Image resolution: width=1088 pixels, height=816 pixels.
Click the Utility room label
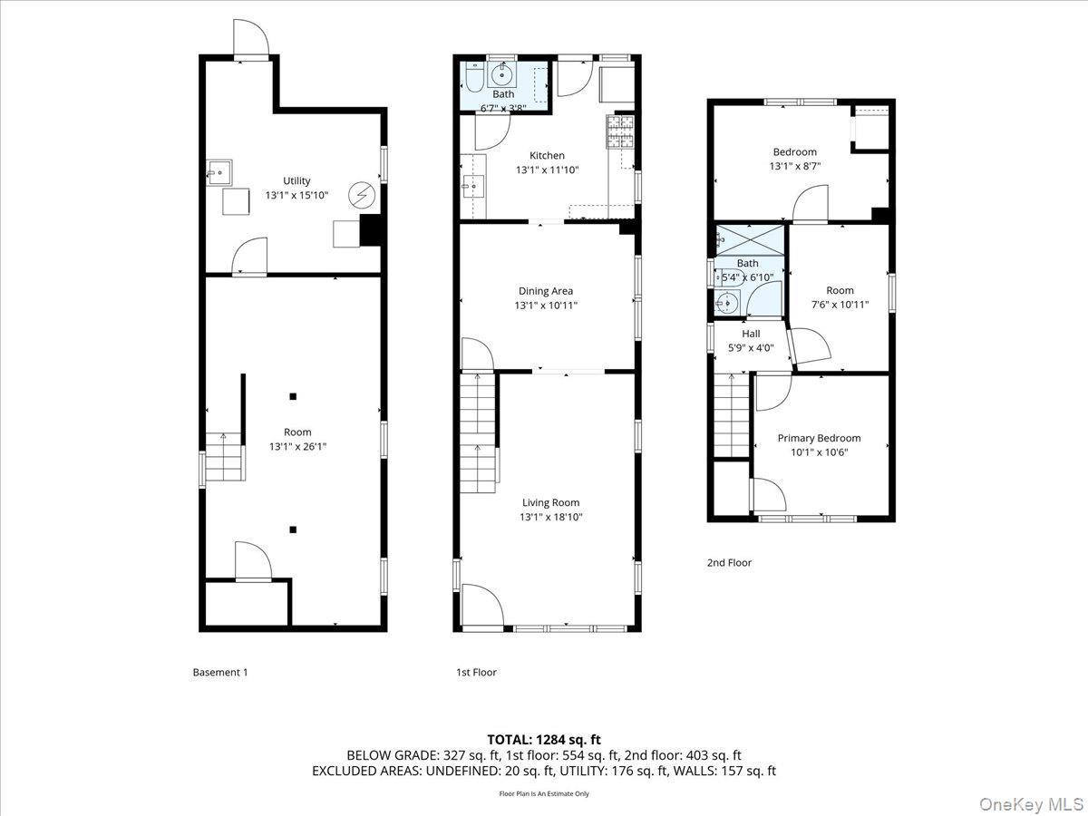pyautogui.click(x=296, y=180)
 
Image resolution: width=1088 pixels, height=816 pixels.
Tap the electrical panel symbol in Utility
pyautogui.click(x=364, y=194)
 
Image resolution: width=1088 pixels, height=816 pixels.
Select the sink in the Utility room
pyautogui.click(x=219, y=171)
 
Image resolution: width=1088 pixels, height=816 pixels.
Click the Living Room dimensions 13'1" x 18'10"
pyautogui.click(x=550, y=517)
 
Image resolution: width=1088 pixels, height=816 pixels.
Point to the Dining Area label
pyautogui.click(x=546, y=291)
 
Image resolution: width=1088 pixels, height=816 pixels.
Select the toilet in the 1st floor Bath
pyautogui.click(x=475, y=75)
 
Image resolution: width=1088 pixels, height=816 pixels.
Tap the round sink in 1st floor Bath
pyautogui.click(x=503, y=75)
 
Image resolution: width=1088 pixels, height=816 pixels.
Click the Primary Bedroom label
pyautogui.click(x=819, y=438)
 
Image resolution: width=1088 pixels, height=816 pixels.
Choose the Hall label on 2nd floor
pyautogui.click(x=751, y=333)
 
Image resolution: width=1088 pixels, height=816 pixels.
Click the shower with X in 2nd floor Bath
pyautogui.click(x=749, y=239)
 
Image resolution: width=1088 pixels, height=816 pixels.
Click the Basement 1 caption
pyautogui.click(x=219, y=672)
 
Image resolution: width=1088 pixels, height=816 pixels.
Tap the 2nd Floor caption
pyautogui.click(x=729, y=562)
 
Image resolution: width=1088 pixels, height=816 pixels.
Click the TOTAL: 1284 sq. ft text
pyautogui.click(x=544, y=739)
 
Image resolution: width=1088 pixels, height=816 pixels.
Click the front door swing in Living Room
pyautogui.click(x=481, y=605)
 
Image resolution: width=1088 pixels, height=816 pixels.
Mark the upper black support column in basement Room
pyautogui.click(x=293, y=396)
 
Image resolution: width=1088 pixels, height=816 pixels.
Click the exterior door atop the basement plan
pyautogui.click(x=251, y=38)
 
